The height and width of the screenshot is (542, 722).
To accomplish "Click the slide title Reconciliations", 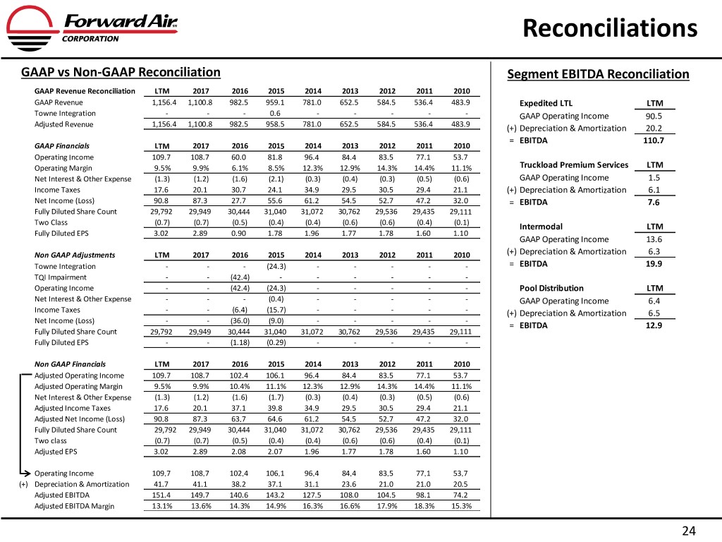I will coord(611,28).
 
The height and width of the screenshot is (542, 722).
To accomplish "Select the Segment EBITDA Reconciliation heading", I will coord(598,74).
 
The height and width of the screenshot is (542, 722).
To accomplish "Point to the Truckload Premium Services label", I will coord(573,165).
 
